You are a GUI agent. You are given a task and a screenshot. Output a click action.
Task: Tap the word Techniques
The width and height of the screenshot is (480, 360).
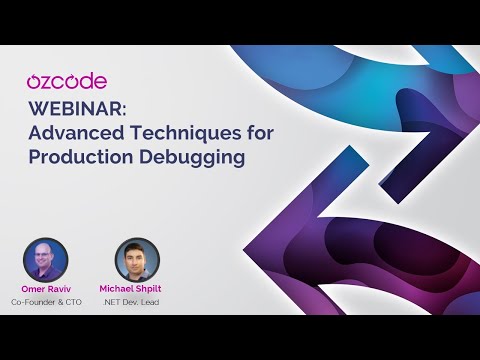click(x=196, y=131)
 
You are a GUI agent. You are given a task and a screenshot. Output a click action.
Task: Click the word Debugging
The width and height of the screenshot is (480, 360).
click(x=204, y=157)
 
